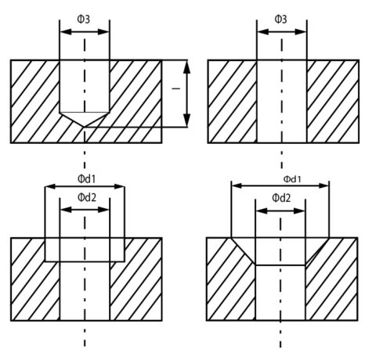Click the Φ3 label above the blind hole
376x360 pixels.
(x=84, y=20)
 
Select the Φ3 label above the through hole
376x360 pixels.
(x=280, y=20)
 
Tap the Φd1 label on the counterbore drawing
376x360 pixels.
(x=87, y=179)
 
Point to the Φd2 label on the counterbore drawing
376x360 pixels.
(x=87, y=197)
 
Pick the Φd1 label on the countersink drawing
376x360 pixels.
(x=292, y=179)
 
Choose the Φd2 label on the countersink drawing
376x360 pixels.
(x=281, y=198)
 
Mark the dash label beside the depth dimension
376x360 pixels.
(x=176, y=88)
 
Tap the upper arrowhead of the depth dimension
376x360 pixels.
(x=186, y=67)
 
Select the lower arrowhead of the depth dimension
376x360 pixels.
(x=186, y=121)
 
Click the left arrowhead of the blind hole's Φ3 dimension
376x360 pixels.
(x=66, y=32)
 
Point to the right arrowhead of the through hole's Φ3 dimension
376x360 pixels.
(x=301, y=32)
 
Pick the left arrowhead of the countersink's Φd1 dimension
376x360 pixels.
(x=237, y=185)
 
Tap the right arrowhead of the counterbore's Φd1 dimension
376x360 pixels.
(x=118, y=186)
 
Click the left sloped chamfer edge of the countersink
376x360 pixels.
(x=244, y=251)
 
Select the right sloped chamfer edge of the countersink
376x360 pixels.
(x=317, y=251)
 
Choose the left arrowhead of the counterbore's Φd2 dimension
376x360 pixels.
(x=66, y=210)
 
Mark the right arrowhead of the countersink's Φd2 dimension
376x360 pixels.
(x=299, y=211)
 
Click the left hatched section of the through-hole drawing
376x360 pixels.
(x=233, y=102)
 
